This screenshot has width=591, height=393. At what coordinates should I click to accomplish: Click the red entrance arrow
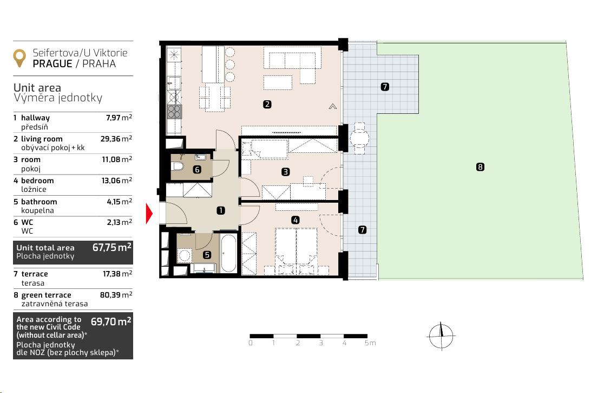(x=149, y=214)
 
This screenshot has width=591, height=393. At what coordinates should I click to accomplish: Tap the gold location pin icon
(x=19, y=58)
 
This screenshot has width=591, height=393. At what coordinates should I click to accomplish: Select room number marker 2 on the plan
(x=267, y=104)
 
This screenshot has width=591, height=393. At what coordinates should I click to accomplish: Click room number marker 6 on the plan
(x=197, y=170)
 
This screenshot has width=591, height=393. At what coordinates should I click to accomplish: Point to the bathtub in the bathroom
(x=228, y=253)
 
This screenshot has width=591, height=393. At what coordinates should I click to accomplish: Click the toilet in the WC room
(x=177, y=166)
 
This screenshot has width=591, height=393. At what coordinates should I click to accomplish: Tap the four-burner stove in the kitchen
(x=174, y=111)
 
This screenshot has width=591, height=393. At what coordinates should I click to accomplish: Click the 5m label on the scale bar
(x=370, y=343)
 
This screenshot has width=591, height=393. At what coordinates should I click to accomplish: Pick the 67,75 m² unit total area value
(x=111, y=248)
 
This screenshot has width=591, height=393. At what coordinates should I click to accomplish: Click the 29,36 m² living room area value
(x=116, y=139)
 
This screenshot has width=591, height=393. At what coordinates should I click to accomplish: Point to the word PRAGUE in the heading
(x=52, y=64)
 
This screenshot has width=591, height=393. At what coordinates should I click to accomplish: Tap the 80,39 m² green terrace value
(x=116, y=295)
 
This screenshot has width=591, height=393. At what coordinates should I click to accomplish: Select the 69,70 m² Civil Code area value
(x=111, y=321)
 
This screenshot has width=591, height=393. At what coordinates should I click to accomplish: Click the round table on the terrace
(x=359, y=138)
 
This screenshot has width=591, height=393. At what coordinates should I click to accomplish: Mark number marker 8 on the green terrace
(x=480, y=167)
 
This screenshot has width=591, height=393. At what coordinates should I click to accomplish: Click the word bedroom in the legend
(x=37, y=181)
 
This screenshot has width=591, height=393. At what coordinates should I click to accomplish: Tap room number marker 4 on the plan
(x=295, y=220)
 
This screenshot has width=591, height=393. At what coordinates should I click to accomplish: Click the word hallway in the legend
(x=35, y=118)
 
